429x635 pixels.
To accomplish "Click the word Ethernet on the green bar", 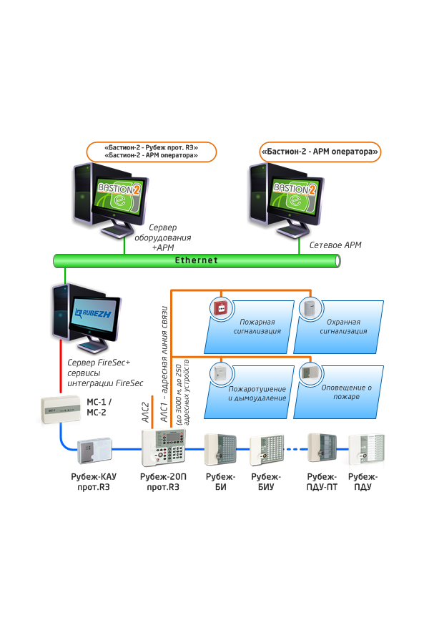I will coord(197,261).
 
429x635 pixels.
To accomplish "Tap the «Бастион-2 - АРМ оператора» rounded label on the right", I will coord(320,152).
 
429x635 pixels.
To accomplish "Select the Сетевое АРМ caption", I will coord(335,245).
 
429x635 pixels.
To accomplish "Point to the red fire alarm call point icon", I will coord(220,307).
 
